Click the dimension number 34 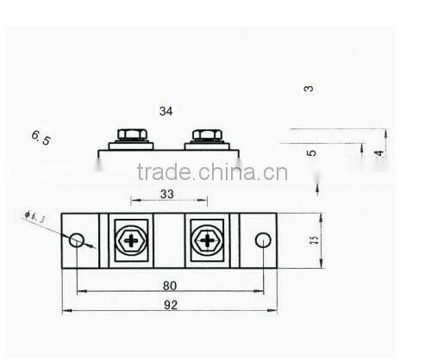pyautogui.click(x=166, y=111)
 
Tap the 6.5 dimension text pyautogui.click(x=41, y=137)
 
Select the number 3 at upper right pyautogui.click(x=309, y=88)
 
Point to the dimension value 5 pyautogui.click(x=311, y=152)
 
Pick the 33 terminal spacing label pyautogui.click(x=166, y=195)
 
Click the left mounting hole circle pyautogui.click(x=78, y=239)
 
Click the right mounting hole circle pyautogui.click(x=264, y=239)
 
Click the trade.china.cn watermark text pyautogui.click(x=212, y=171)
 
